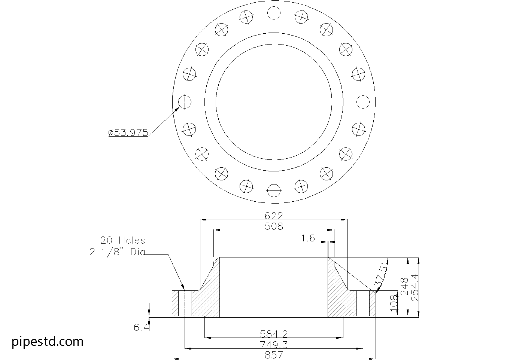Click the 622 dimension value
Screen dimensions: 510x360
pos(274,216)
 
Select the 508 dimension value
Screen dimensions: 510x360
pos(274,226)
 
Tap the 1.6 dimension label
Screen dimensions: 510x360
pos(308,238)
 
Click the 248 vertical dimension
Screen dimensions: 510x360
pos(404,287)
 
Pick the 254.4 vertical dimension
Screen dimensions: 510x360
pos(415,287)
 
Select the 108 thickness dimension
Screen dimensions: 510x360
pos(394,304)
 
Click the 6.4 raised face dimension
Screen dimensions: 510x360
pos(142,327)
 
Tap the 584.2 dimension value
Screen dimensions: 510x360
pos(274,334)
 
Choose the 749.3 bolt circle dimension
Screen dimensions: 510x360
pos(274,345)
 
